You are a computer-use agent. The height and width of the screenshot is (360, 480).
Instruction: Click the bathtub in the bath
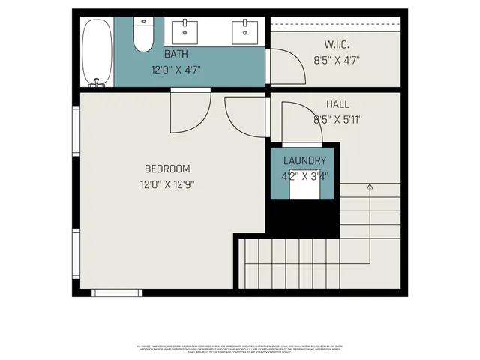(95, 52)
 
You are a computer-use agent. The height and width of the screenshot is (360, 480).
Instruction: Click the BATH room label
(175, 55)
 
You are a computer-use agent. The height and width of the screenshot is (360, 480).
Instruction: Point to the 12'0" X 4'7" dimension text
(175, 70)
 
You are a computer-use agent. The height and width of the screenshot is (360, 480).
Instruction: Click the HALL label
(337, 104)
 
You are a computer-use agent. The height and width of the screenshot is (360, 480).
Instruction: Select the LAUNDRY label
(304, 161)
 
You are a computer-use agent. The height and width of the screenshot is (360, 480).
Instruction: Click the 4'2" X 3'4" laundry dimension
(304, 177)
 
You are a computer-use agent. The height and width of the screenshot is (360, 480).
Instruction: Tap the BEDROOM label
(167, 169)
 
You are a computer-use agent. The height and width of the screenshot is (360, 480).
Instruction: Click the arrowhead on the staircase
(369, 186)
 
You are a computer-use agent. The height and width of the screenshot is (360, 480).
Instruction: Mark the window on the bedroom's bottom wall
(115, 292)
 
